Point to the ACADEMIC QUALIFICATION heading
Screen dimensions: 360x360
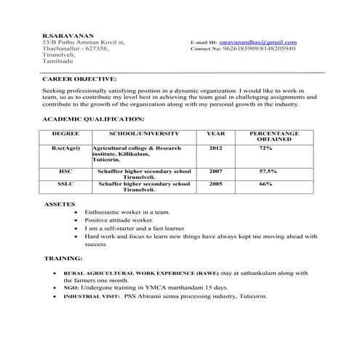(93, 118)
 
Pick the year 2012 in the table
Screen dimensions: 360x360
(215, 148)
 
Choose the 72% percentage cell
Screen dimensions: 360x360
(265, 148)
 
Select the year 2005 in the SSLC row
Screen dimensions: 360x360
(215, 185)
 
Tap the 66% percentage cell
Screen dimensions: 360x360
(265, 185)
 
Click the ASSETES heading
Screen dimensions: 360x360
(59, 204)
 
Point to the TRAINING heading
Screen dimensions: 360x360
(63, 258)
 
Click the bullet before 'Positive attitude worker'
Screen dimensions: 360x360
(79, 219)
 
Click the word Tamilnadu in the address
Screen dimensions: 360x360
(60, 63)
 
